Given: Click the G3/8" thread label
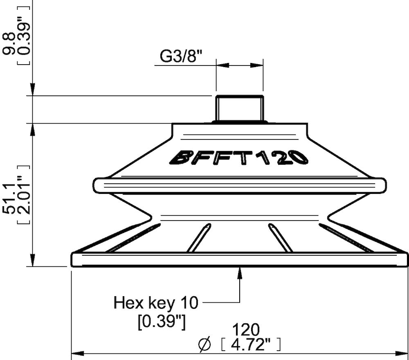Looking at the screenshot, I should (181, 56).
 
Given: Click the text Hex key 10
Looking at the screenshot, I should (155, 303).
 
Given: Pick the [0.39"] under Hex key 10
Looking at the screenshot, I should (162, 322).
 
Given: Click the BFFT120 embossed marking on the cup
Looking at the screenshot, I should (239, 157).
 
